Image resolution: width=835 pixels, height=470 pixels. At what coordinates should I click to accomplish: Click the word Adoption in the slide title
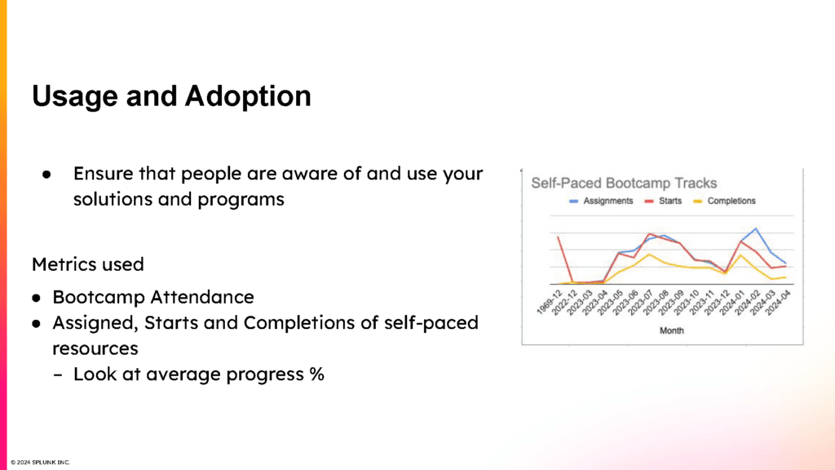click(x=248, y=96)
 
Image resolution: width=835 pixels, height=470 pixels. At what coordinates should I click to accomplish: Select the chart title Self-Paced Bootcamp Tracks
click(x=624, y=184)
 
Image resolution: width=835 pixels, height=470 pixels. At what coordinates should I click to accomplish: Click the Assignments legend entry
click(x=601, y=201)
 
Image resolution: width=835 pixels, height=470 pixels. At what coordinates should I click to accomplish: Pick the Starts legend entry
click(x=663, y=201)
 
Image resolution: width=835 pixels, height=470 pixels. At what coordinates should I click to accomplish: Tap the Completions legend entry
click(x=724, y=201)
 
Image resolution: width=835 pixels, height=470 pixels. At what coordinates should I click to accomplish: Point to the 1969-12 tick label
click(x=550, y=302)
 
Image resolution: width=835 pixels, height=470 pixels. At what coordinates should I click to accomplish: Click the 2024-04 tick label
click(x=778, y=302)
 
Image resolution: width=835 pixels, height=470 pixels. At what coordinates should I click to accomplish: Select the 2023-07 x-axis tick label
click(x=641, y=302)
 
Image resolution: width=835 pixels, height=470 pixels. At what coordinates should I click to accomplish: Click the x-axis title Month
click(x=672, y=331)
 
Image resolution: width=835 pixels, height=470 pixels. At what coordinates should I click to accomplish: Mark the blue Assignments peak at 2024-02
click(x=756, y=228)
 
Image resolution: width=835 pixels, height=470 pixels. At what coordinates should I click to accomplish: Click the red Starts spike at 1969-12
click(x=558, y=237)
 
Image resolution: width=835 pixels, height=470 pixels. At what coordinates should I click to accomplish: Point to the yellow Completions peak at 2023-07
click(x=649, y=255)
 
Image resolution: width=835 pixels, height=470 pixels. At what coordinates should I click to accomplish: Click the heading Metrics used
click(x=88, y=264)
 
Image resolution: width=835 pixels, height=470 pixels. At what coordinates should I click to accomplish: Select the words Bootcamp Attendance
click(x=153, y=297)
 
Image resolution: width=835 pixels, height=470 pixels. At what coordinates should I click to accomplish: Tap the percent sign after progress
click(x=317, y=374)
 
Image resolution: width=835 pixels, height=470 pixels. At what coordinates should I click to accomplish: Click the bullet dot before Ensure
click(x=46, y=175)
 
